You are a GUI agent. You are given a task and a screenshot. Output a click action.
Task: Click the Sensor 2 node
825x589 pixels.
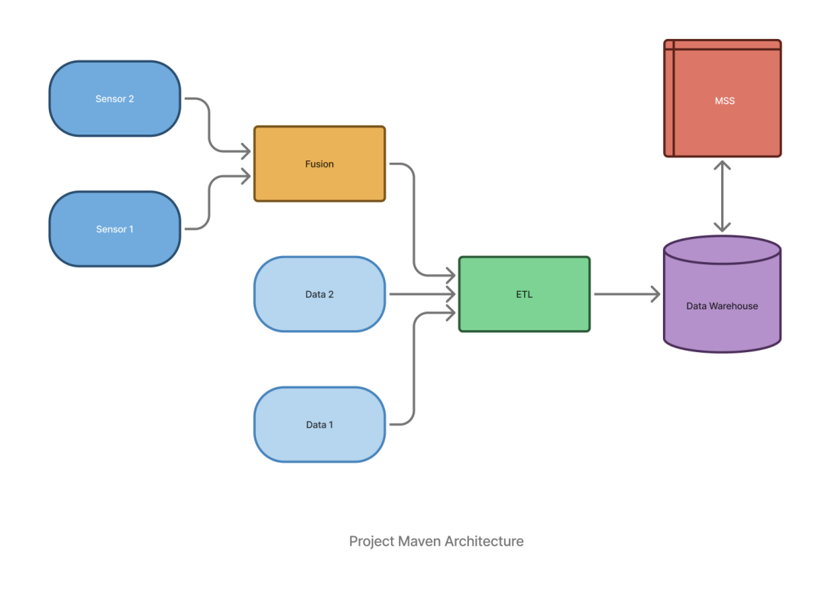pos(115,99)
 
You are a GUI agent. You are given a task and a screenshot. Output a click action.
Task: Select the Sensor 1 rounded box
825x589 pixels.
pos(115,229)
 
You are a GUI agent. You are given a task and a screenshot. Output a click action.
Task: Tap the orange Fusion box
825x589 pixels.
pos(319,163)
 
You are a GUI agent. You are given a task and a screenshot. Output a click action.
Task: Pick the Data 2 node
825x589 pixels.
pos(319,294)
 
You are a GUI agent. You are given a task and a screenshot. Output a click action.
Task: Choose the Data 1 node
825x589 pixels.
pos(319,424)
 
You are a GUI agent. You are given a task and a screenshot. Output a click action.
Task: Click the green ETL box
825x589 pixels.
pos(524,294)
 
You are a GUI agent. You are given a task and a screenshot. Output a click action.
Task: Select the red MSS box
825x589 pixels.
pos(722,99)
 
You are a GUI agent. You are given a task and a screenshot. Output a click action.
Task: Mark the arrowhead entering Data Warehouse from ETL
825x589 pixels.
pos(656,294)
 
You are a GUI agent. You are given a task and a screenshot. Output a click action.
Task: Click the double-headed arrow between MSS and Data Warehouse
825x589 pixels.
pos(722,196)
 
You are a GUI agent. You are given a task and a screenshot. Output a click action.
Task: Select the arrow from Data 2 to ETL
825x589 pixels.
pos(420,294)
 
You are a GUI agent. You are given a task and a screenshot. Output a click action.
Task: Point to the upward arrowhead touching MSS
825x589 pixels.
pos(722,163)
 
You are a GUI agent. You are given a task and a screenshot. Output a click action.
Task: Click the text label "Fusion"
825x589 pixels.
pos(319,163)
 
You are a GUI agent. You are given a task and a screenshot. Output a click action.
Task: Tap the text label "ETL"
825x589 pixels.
pos(524,294)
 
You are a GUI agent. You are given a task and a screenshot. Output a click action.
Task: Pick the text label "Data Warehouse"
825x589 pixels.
pos(722,306)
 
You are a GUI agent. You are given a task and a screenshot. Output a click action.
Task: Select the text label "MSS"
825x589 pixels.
pos(724,100)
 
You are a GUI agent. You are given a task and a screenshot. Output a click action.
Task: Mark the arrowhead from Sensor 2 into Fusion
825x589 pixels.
pos(247,150)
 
